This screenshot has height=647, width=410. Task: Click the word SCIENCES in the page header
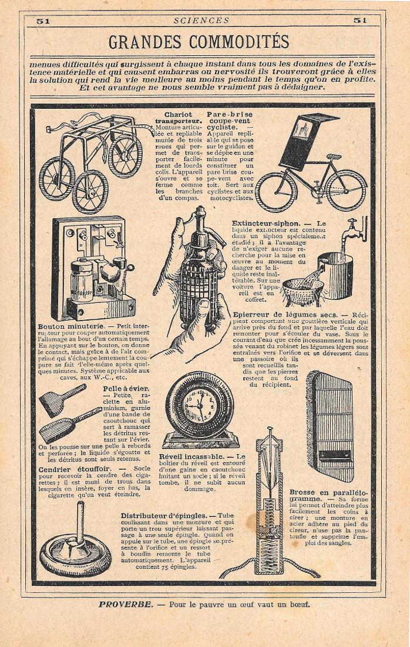[201, 20]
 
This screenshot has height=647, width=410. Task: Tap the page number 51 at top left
[42, 20]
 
